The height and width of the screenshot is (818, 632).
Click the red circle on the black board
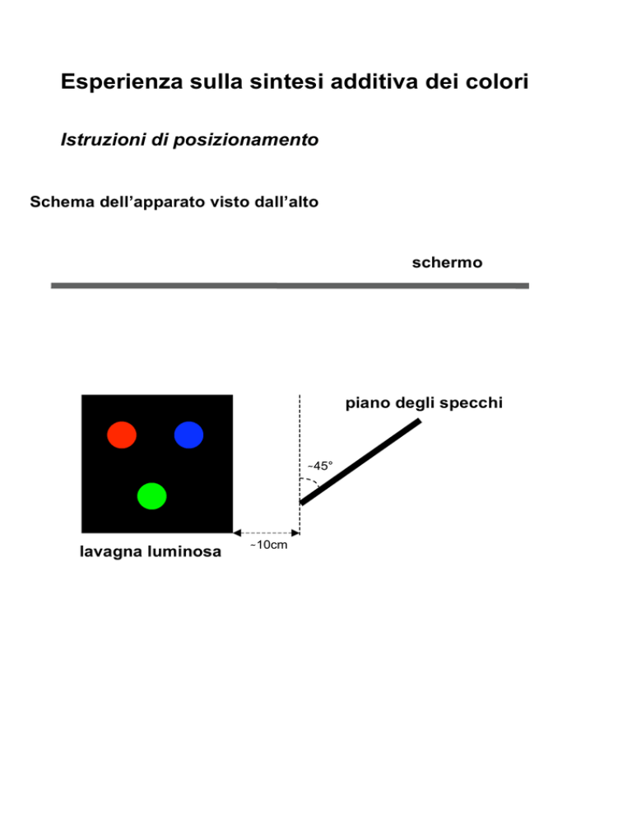pyautogui.click(x=122, y=435)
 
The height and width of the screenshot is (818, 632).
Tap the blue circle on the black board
pyautogui.click(x=188, y=435)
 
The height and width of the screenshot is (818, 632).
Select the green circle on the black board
pyautogui.click(x=152, y=495)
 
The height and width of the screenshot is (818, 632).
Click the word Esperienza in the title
pyautogui.click(x=122, y=81)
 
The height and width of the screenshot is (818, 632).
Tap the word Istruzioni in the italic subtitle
pyautogui.click(x=103, y=139)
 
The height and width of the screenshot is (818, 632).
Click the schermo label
pyautogui.click(x=447, y=262)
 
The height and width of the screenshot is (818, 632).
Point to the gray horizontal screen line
pyautogui.click(x=290, y=286)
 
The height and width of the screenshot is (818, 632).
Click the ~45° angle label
pyautogui.click(x=320, y=465)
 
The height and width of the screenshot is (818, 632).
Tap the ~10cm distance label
pyautogui.click(x=269, y=545)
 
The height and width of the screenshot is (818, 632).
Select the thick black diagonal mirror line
pyautogui.click(x=360, y=461)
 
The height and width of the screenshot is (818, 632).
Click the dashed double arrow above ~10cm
pyautogui.click(x=266, y=532)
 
